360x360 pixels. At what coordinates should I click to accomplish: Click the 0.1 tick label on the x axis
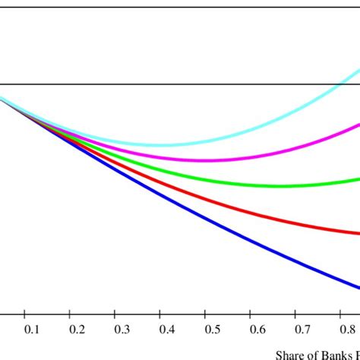pyautogui.click(x=31, y=330)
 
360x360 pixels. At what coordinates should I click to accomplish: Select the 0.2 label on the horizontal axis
pyautogui.click(x=76, y=330)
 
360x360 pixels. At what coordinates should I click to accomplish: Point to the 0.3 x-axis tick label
pyautogui.click(x=121, y=330)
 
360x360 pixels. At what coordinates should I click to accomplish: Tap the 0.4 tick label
pyautogui.click(x=166, y=330)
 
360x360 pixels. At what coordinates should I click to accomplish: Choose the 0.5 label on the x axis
pyautogui.click(x=211, y=330)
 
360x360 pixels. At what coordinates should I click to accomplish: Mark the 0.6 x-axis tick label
pyautogui.click(x=256, y=330)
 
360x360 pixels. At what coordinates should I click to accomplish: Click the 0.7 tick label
pyautogui.click(x=302, y=330)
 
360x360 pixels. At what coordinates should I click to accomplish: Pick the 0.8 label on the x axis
pyautogui.click(x=346, y=330)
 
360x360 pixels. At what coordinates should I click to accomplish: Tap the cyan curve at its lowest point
pyautogui.click(x=159, y=144)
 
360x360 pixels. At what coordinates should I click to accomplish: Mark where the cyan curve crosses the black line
pyautogui.click(x=349, y=84)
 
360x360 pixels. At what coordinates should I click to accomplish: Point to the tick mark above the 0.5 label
pyautogui.click(x=204, y=314)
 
